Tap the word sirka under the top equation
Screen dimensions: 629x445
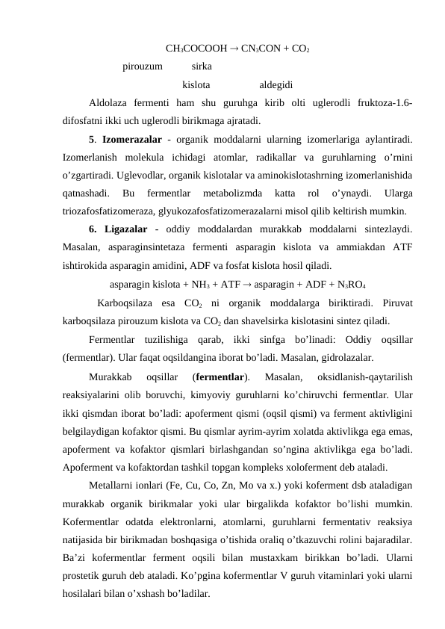point(202,66)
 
